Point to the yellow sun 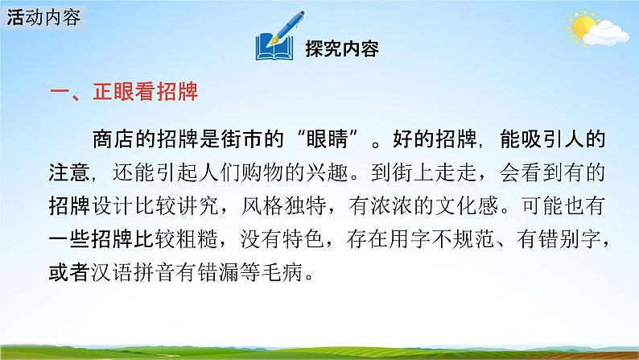pos(580,27)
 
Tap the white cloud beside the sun pos(607,34)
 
